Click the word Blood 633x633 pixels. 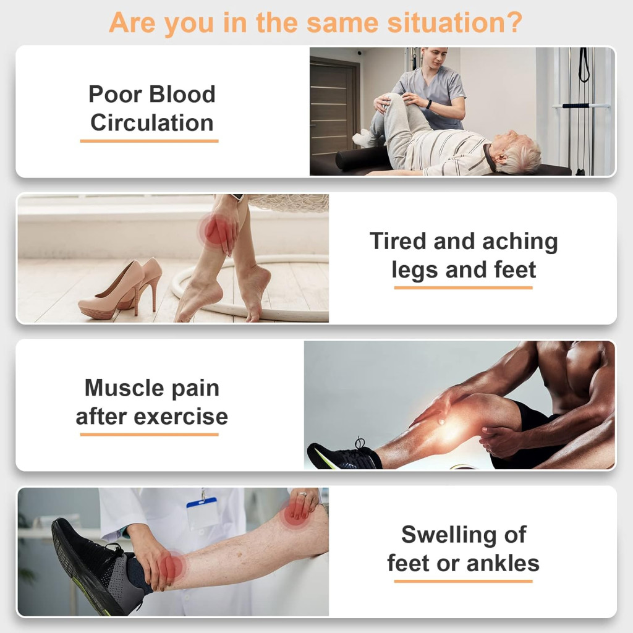point(182,94)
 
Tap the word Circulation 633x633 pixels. point(152,123)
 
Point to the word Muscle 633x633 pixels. point(124,388)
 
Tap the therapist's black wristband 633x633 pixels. point(429,104)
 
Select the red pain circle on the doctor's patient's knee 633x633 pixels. point(297,514)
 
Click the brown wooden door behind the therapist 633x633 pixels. point(334,106)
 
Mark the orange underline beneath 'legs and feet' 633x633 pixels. point(464,287)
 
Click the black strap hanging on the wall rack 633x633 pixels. point(584,64)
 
